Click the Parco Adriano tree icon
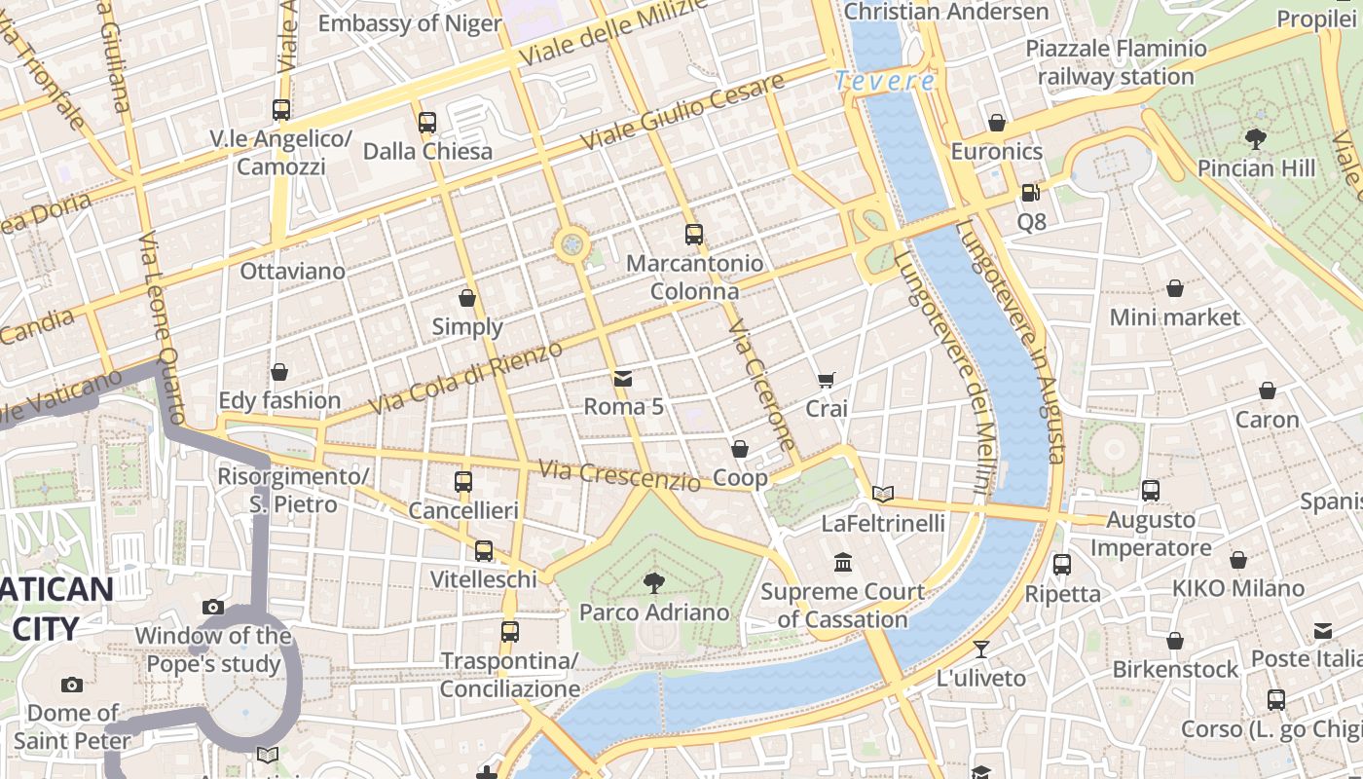654,583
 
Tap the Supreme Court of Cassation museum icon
843,563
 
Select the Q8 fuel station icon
1030,193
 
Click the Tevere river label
885,81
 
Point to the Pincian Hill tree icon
1256,139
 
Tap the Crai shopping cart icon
826,380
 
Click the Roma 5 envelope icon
623,378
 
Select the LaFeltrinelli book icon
883,495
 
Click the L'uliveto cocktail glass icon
981,649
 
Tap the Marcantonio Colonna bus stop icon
693,235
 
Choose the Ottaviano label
292,271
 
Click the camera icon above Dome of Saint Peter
72,685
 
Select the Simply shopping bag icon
467,298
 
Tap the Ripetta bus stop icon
1062,565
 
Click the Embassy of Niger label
410,23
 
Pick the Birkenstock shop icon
1175,641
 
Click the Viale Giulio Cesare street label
682,112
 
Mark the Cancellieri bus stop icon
463,482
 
